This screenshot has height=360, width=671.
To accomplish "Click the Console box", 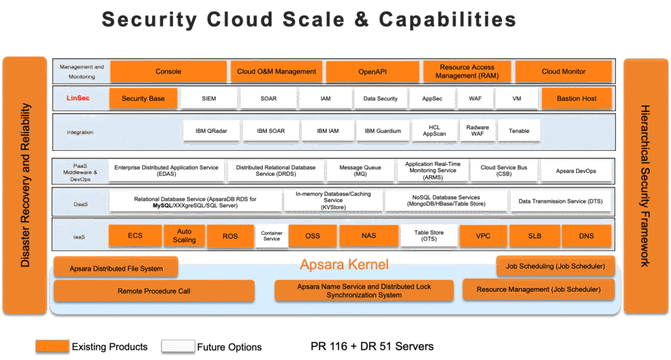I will coord(168,71).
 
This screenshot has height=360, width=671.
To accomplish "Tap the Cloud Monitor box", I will coord(564,71).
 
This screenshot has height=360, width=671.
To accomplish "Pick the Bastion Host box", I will coord(577,98).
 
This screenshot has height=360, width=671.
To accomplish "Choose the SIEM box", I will coord(208,98).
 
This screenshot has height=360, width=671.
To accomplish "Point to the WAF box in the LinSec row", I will coord(475,98).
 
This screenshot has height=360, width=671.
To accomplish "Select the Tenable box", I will coord(519,131).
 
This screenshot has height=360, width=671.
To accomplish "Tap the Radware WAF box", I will coord(478,131).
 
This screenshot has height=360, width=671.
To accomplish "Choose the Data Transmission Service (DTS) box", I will coord(560,202).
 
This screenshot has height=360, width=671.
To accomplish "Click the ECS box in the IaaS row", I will coord(135,236).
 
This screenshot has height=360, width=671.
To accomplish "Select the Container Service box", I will coord(271,236).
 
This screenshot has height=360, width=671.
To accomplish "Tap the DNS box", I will coord(586,236).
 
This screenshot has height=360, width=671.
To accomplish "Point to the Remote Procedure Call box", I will coord(154,290).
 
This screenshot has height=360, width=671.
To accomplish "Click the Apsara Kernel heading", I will coord(344,265).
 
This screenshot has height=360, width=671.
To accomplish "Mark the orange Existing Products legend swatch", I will coord(53,346).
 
